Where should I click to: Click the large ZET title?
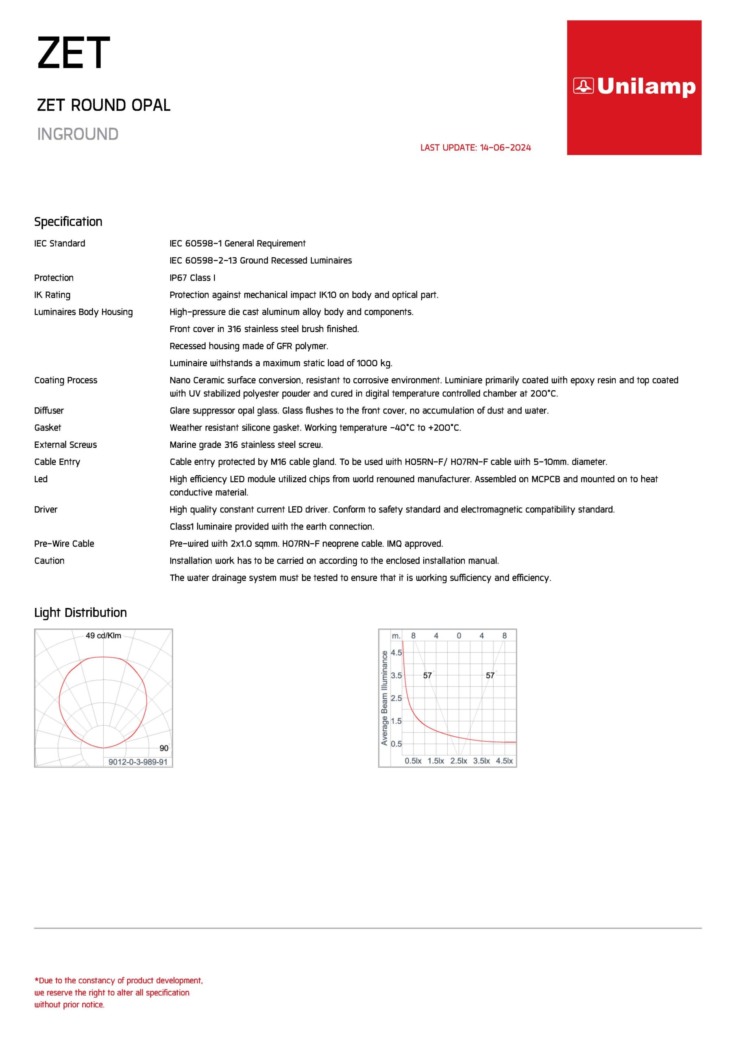[x=74, y=54]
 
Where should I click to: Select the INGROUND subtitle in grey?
[x=78, y=134]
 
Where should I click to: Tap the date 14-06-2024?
[x=505, y=147]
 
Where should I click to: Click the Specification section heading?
[x=68, y=221]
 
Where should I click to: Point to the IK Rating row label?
[x=52, y=295]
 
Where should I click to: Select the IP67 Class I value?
[x=192, y=278]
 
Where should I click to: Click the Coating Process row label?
[x=66, y=380]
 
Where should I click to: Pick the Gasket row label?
[x=48, y=427]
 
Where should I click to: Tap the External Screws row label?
[x=65, y=445]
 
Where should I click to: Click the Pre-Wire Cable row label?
[x=64, y=544]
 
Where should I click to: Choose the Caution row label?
[x=49, y=561]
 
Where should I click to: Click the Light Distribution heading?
[x=80, y=613]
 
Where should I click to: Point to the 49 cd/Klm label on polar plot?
[x=103, y=635]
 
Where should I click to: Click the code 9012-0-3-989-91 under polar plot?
[x=138, y=762]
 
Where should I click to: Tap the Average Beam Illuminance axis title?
[x=385, y=698]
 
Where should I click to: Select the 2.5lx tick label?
[x=458, y=761]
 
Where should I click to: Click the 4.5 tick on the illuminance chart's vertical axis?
[x=396, y=652]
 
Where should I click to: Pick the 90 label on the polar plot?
[x=164, y=749]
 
